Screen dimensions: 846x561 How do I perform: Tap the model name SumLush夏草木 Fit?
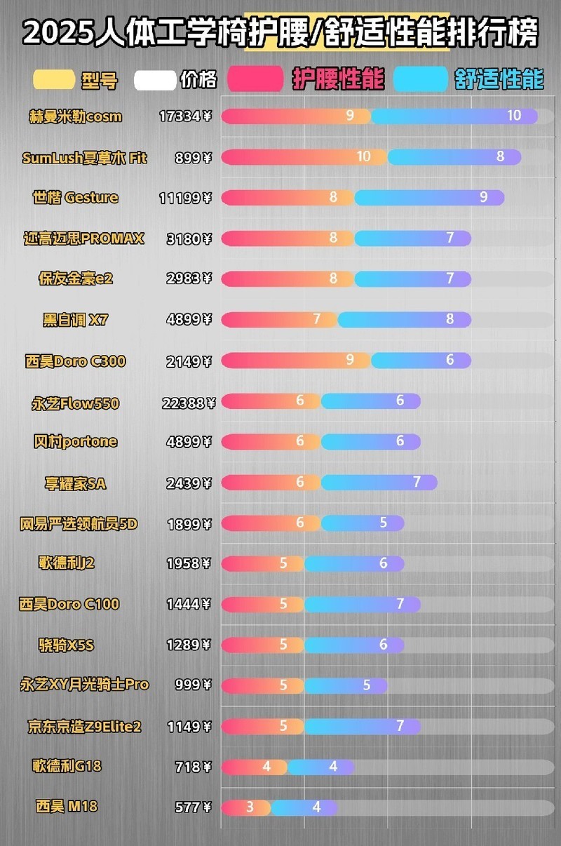[x=85, y=158]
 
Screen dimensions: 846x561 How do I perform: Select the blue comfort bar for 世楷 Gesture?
[x=429, y=198]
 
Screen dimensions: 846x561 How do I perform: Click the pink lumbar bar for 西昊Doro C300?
[x=295, y=361]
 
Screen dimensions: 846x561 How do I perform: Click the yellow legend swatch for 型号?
[x=54, y=79]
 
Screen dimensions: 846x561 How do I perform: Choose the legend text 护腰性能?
[x=338, y=79]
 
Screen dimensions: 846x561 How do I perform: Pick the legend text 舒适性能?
[x=499, y=79]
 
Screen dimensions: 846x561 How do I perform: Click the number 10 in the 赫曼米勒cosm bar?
[x=514, y=116]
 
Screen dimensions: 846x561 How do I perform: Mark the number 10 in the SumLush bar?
[x=363, y=156]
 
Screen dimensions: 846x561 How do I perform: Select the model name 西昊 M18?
[x=67, y=807]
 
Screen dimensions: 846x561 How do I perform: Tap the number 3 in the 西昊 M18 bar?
[x=250, y=807]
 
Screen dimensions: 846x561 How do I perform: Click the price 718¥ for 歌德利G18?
[x=193, y=767]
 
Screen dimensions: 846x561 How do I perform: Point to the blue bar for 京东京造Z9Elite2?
[x=363, y=726]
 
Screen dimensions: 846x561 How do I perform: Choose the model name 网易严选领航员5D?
[x=79, y=523]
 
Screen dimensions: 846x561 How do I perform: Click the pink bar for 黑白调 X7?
[x=278, y=320]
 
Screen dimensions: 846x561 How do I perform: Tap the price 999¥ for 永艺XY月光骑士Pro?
[x=193, y=685]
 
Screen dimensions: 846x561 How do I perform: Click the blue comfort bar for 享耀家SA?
[x=379, y=483]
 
